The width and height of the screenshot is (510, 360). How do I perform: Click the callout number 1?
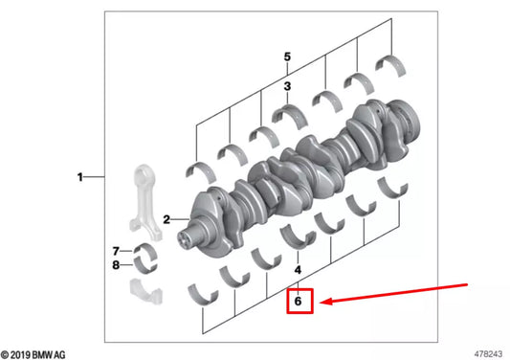[80, 177]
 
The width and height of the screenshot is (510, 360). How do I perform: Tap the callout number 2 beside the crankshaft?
[166, 219]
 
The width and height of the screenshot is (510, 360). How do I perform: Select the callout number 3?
[287, 86]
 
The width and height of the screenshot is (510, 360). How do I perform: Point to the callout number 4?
[298, 270]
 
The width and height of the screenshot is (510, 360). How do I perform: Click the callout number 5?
[287, 56]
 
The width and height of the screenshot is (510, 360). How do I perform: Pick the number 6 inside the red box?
[298, 301]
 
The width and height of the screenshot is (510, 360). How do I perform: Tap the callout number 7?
[116, 251]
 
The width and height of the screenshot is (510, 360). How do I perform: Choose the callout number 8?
[116, 265]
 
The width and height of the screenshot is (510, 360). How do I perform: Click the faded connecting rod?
[145, 202]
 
